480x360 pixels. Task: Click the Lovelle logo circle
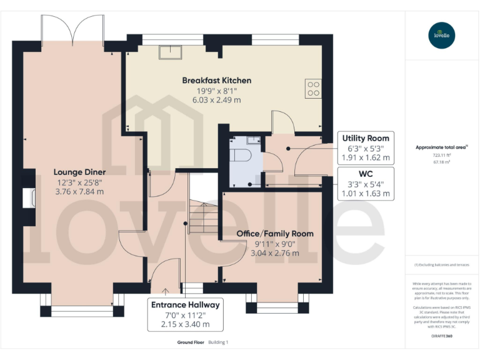point(442,35)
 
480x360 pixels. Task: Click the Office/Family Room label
point(274,234)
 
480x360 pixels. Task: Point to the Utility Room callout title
point(366,138)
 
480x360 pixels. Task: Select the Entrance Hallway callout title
point(185,305)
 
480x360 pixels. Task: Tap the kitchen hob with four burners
point(313,88)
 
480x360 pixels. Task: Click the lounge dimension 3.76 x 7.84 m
point(79,192)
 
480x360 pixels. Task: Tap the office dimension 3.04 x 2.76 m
point(274,253)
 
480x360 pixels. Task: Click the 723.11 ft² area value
point(441,155)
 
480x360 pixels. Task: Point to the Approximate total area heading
point(441,147)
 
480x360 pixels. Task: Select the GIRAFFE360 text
point(441,336)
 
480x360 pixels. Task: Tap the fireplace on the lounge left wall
point(27,199)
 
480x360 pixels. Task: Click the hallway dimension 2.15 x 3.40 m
point(185,324)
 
